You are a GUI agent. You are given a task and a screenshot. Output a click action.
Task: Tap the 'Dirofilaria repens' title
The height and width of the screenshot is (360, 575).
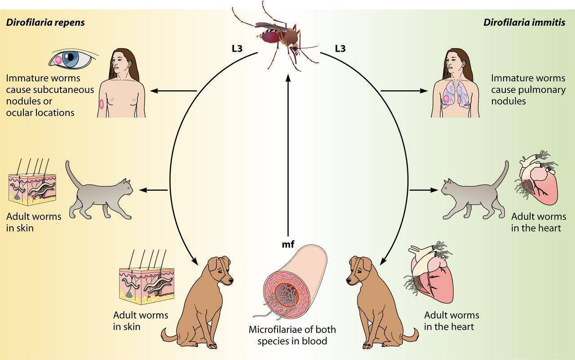[45, 22]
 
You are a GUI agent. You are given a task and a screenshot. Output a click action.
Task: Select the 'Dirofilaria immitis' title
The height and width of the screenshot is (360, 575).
[524, 22]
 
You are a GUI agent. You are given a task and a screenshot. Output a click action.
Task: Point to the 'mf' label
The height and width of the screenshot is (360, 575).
[288, 244]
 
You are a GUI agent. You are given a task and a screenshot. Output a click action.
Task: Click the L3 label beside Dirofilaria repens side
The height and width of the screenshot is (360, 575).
[237, 48]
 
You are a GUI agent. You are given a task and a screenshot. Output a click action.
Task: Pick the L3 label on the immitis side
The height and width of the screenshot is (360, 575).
[340, 48]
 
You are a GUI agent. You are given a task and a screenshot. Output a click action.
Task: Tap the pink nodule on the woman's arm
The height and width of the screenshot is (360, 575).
[102, 104]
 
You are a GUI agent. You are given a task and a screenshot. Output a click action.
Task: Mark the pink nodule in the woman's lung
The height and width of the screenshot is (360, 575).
[447, 99]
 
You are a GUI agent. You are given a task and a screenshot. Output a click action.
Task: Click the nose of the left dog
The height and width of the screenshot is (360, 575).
[231, 280]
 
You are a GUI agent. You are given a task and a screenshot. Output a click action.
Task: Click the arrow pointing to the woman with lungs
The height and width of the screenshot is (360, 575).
[404, 91]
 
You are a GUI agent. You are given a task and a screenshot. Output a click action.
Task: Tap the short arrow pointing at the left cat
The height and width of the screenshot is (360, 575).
[154, 190]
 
